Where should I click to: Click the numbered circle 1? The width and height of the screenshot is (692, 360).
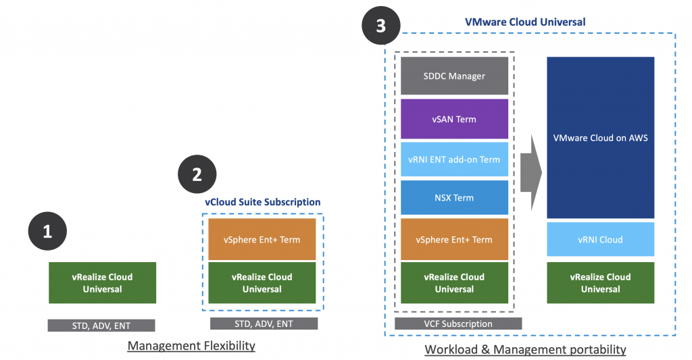(47, 232)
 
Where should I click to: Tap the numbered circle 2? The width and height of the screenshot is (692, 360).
(197, 175)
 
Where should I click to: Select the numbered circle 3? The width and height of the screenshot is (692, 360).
(381, 26)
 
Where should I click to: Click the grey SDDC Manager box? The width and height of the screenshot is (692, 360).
(454, 76)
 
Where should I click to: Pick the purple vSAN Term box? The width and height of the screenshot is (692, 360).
(454, 120)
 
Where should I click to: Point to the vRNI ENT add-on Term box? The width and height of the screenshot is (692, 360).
(454, 159)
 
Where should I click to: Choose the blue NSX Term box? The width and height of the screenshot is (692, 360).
(454, 198)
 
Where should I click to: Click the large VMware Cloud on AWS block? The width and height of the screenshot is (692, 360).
(601, 138)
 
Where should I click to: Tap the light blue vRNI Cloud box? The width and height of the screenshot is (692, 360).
(601, 240)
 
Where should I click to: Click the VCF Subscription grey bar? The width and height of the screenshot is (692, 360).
(454, 324)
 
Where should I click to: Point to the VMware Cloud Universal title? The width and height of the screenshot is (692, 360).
(525, 22)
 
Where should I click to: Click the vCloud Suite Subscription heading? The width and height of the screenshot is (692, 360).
(262, 202)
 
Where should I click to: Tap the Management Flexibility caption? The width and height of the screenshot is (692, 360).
(191, 346)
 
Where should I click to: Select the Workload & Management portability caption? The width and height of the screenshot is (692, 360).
(525, 350)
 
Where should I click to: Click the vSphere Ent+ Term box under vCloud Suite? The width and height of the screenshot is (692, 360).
(262, 239)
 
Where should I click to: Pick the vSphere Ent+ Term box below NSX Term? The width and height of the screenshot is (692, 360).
(454, 239)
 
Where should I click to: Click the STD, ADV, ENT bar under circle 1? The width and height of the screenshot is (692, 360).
(101, 326)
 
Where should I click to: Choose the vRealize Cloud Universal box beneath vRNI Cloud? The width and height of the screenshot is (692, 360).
(601, 283)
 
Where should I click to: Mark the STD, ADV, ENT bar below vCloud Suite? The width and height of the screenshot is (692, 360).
(264, 324)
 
